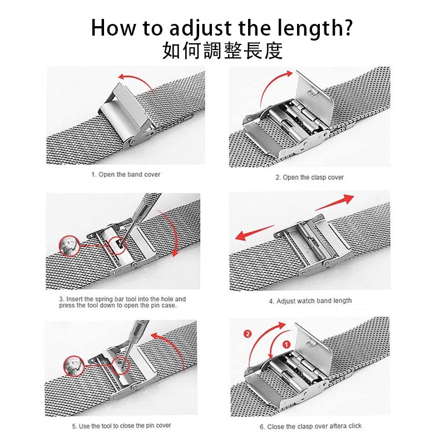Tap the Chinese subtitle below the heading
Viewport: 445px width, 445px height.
[222, 51]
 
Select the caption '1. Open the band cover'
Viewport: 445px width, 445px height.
[126, 174]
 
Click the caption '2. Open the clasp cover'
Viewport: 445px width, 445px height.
[309, 177]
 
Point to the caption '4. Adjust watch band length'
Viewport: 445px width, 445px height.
[310, 301]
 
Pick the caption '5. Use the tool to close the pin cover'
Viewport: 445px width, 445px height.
[121, 426]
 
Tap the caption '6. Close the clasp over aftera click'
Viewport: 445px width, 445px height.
[310, 426]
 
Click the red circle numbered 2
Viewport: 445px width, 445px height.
[248, 333]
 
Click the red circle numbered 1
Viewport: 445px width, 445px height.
[286, 344]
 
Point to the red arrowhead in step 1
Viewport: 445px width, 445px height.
[122, 77]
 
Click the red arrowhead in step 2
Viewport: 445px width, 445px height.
[288, 74]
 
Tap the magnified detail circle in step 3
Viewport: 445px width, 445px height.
[69, 246]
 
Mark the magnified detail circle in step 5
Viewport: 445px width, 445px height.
[74, 366]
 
